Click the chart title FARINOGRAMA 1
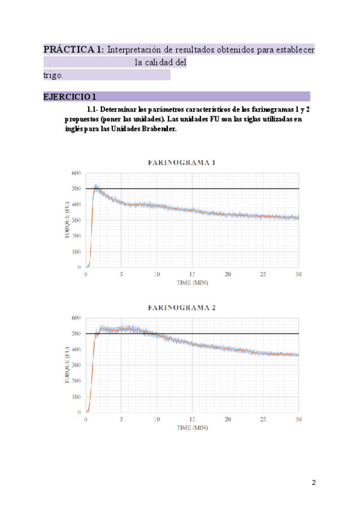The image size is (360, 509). click(182, 163)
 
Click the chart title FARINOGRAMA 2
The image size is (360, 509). click(182, 307)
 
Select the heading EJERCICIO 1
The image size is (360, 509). click(70, 97)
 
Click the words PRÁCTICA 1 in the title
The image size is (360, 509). click(74, 50)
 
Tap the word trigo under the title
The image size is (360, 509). click(53, 75)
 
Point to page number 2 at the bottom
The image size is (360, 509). click(313, 483)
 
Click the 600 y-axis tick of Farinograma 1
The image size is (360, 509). click(76, 173)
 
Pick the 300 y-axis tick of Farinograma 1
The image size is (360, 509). click(76, 220)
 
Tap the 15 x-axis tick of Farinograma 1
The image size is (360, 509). click(192, 274)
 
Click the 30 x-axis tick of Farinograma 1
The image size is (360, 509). click(298, 274)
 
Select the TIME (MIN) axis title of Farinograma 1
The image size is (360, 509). click(192, 282)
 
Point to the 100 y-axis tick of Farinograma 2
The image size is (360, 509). click(76, 397)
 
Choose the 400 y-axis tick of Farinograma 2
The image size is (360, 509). click(76, 349)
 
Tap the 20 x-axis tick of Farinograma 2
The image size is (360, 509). click(227, 419)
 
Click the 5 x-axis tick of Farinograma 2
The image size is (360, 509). click(121, 419)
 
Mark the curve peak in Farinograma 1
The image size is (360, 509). click(96, 186)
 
